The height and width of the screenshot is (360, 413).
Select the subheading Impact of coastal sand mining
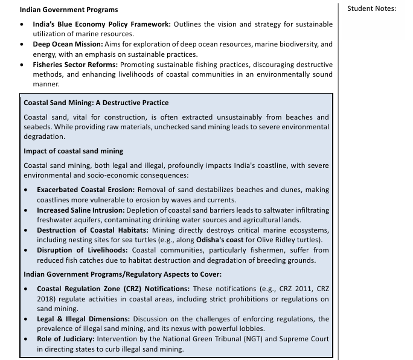[73, 150]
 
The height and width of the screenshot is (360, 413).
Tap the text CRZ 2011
[292, 289]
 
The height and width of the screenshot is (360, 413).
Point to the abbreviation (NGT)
[251, 339]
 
